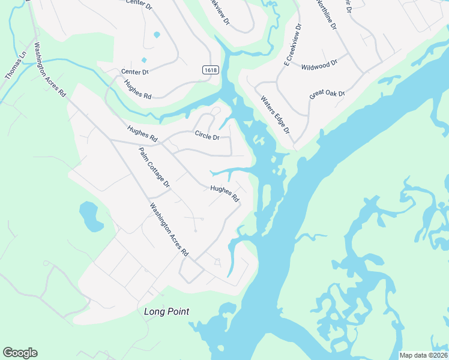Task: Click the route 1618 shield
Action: tap(210, 70)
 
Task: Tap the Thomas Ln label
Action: tap(16, 65)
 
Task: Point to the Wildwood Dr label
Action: tap(320, 64)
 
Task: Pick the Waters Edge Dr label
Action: tap(275, 114)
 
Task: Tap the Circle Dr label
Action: tap(206, 136)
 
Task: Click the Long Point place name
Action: tap(167, 311)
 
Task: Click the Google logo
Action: tap(20, 353)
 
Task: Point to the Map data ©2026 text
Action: tap(423, 355)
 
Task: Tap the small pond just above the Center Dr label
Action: tap(143, 60)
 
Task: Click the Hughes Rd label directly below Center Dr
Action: tap(138, 88)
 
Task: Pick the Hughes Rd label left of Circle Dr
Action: tap(142, 133)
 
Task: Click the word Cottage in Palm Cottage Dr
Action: tap(157, 169)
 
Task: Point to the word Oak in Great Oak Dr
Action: tap(333, 94)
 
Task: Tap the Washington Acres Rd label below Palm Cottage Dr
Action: tap(169, 230)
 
